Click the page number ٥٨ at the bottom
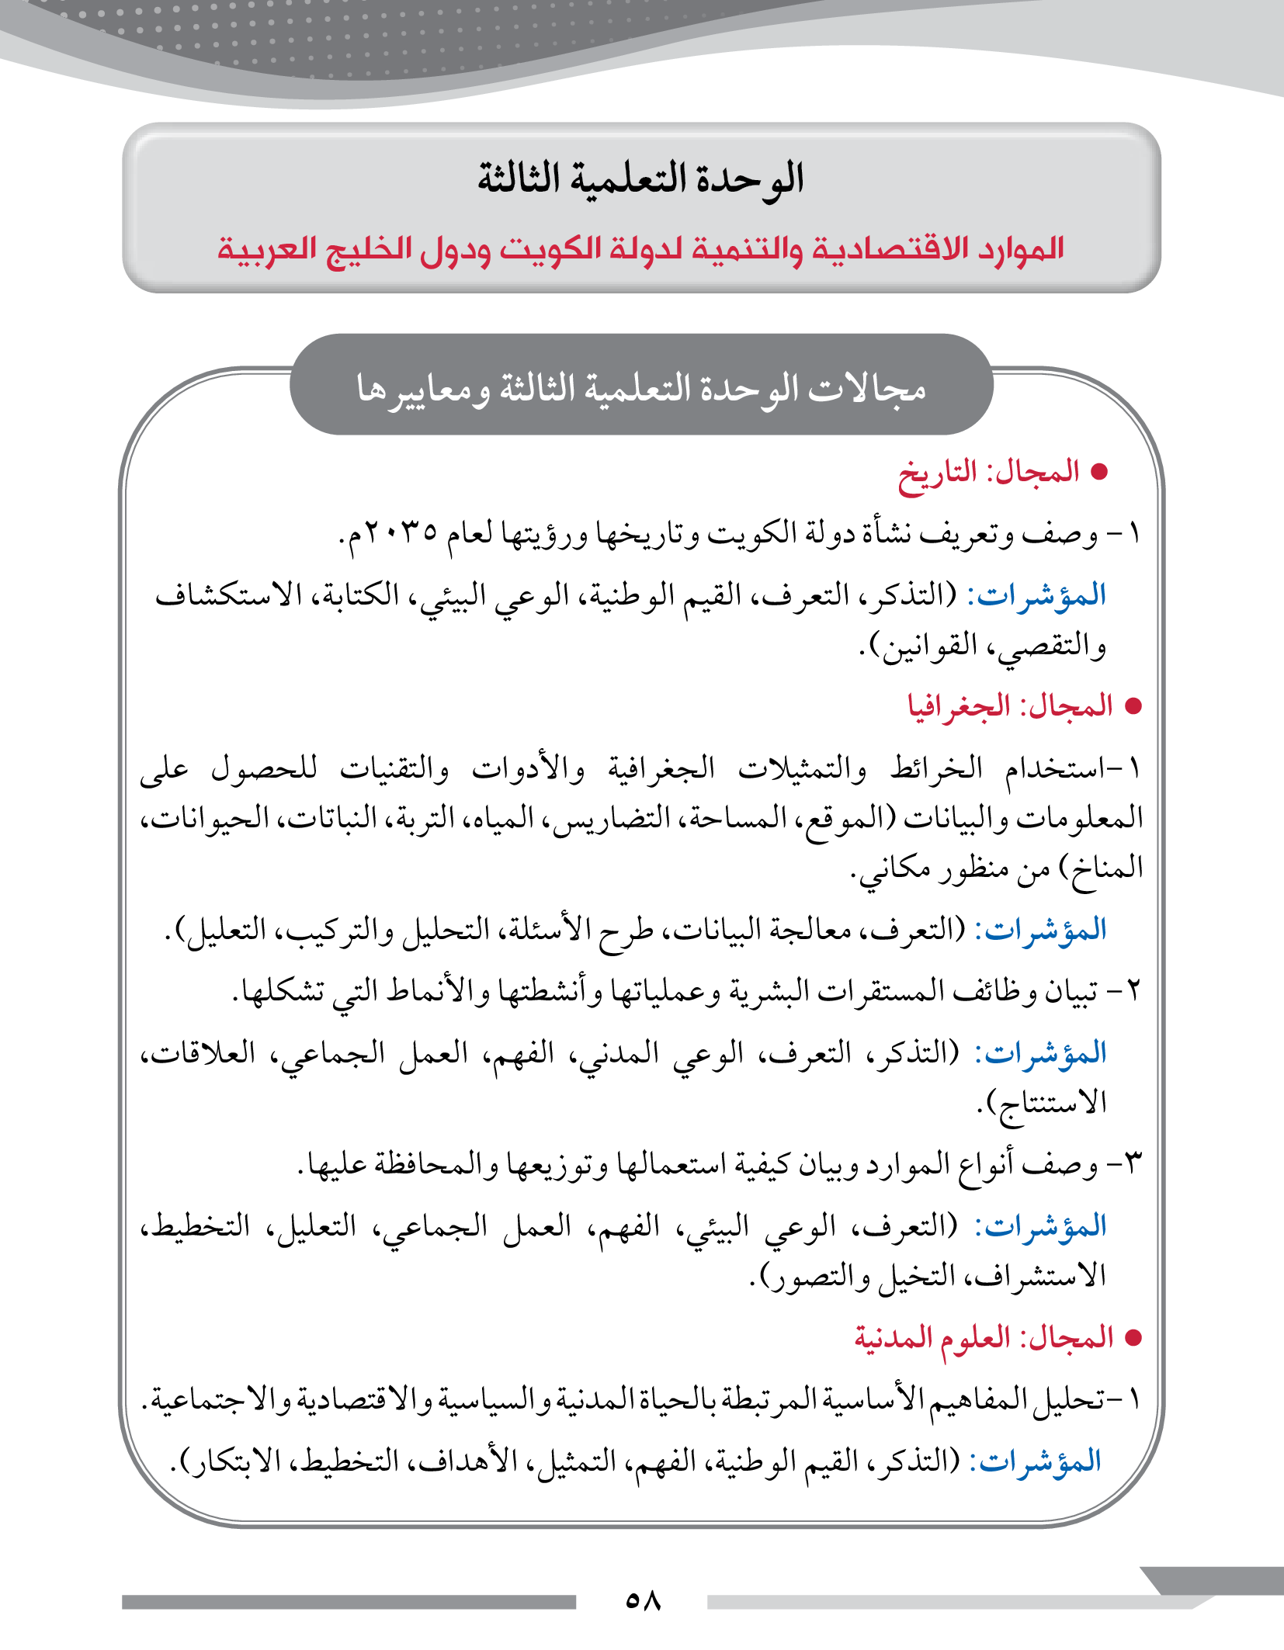point(643,1600)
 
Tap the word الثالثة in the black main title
point(519,179)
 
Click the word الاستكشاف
point(228,595)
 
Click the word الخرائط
point(936,769)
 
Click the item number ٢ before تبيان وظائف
point(1133,991)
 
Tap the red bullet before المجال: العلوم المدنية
point(1133,1338)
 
